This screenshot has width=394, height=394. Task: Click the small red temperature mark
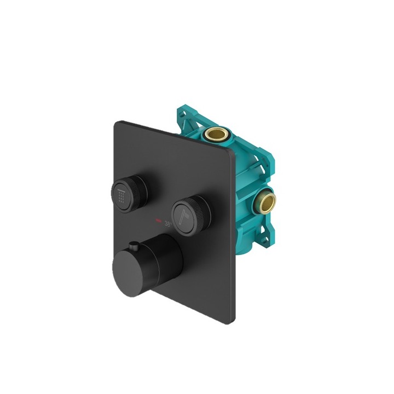(x=159, y=221)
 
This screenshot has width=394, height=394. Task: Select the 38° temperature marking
(x=169, y=223)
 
